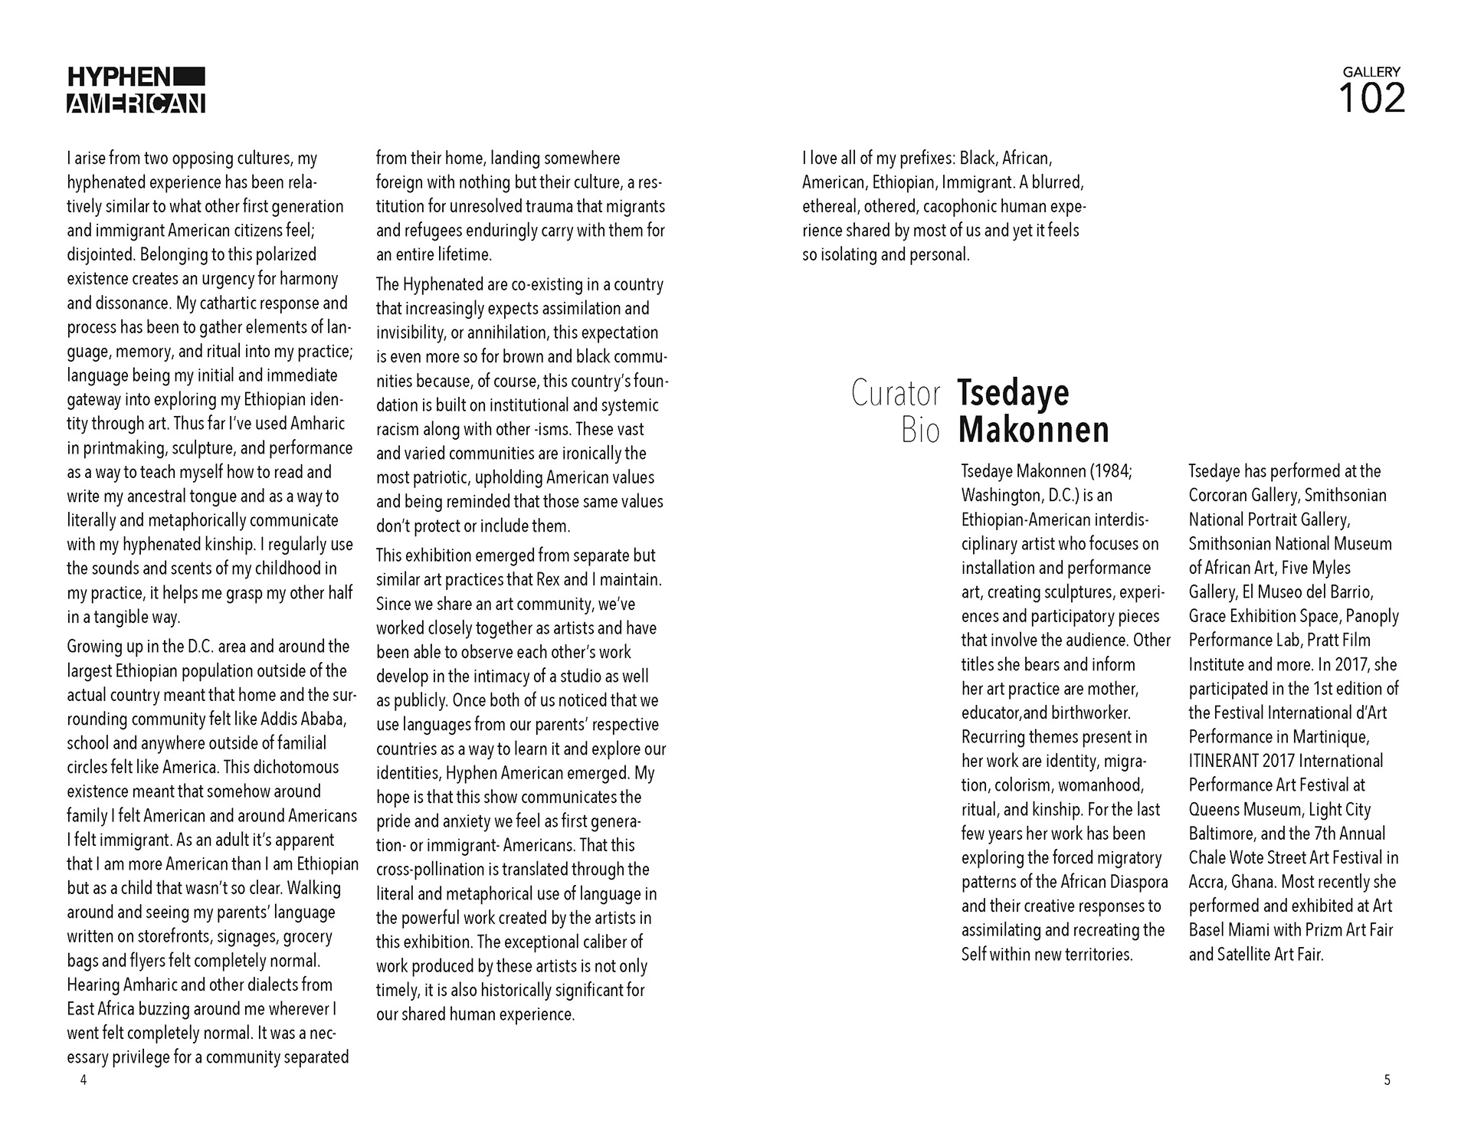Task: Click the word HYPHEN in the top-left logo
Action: click(119, 77)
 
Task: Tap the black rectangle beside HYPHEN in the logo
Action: click(189, 76)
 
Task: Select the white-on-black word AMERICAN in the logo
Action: click(136, 103)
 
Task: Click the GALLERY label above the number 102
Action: click(1371, 71)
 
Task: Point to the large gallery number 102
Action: click(1371, 99)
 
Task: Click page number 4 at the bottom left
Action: click(84, 1080)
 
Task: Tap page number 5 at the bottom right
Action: click(1387, 1080)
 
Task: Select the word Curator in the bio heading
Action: click(896, 393)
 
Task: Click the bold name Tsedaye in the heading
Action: click(1013, 393)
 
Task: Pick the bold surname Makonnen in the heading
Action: click(1034, 430)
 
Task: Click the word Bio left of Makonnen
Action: click(920, 431)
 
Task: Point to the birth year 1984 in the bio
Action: click(1109, 471)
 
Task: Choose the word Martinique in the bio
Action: click(1330, 737)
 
